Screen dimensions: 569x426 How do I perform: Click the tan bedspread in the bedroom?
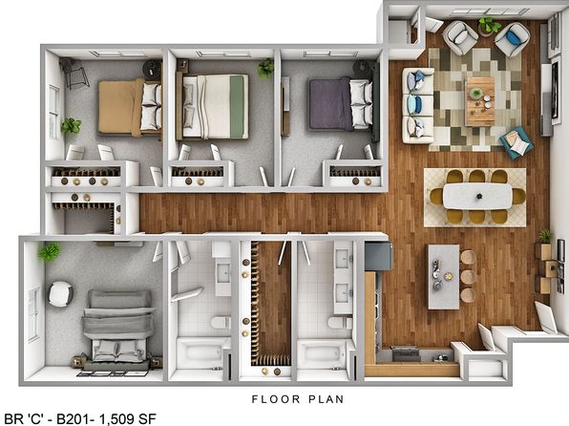tap(120, 107)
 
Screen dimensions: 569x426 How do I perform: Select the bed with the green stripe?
tap(212, 106)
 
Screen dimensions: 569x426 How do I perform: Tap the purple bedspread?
tap(329, 104)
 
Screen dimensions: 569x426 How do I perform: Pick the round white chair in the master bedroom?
tap(60, 294)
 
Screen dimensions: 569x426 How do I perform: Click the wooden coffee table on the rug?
tap(479, 101)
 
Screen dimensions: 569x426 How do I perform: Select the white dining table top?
tap(477, 196)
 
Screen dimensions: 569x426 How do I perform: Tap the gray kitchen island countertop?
tap(443, 277)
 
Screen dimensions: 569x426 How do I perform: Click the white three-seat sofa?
tap(417, 105)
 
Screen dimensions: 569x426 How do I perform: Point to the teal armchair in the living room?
tap(516, 142)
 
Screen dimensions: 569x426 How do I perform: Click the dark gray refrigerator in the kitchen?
tap(378, 256)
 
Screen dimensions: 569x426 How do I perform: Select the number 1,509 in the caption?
tap(116, 419)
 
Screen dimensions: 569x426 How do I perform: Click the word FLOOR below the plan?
tap(276, 399)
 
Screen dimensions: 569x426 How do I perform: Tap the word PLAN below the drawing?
tap(326, 399)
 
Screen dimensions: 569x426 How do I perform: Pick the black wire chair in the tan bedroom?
tap(74, 74)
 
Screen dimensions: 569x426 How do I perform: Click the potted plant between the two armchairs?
tap(489, 26)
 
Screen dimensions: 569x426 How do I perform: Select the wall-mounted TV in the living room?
tap(555, 91)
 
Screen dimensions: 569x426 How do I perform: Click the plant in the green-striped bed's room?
tap(265, 68)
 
